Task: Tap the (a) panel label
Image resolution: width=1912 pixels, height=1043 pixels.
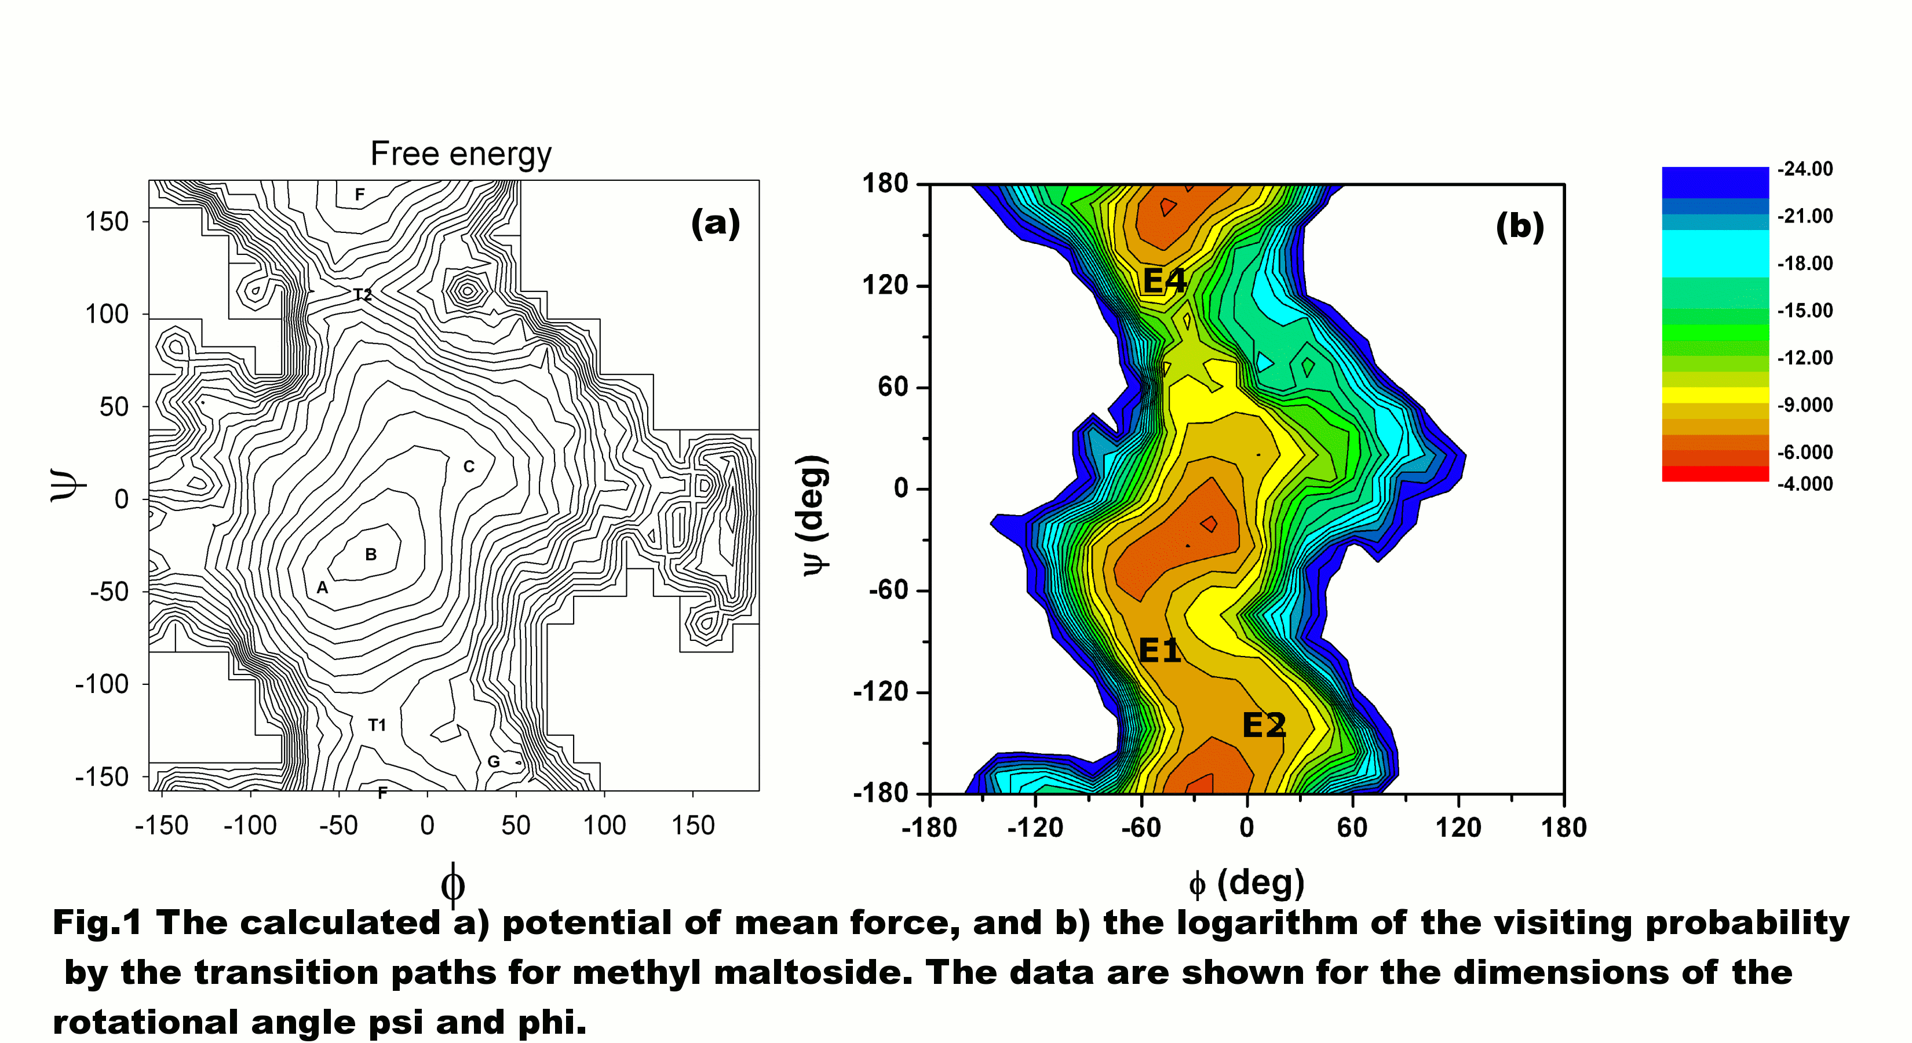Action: tap(715, 222)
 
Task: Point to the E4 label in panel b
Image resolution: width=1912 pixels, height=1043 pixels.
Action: tap(1164, 280)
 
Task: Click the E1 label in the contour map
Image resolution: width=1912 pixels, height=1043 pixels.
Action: tap(1159, 650)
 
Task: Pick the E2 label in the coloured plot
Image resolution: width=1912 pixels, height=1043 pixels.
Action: tap(1263, 725)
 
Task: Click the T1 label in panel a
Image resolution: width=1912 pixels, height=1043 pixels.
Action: tap(377, 724)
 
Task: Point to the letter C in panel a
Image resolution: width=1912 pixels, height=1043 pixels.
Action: tap(468, 466)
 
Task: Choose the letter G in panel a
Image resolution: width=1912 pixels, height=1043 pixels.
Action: tap(494, 761)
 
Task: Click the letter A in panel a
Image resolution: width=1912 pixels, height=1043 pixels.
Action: tap(322, 587)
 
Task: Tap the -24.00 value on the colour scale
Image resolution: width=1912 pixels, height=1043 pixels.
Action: tap(1804, 169)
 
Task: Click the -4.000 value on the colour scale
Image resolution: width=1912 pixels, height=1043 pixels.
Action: tap(1804, 484)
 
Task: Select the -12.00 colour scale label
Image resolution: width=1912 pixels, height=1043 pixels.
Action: tap(1804, 358)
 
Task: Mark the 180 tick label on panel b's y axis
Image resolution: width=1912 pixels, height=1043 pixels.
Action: tap(885, 183)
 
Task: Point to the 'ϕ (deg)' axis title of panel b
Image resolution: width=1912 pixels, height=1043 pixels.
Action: tap(1246, 882)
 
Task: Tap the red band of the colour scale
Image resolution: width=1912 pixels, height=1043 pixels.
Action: tap(1714, 473)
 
